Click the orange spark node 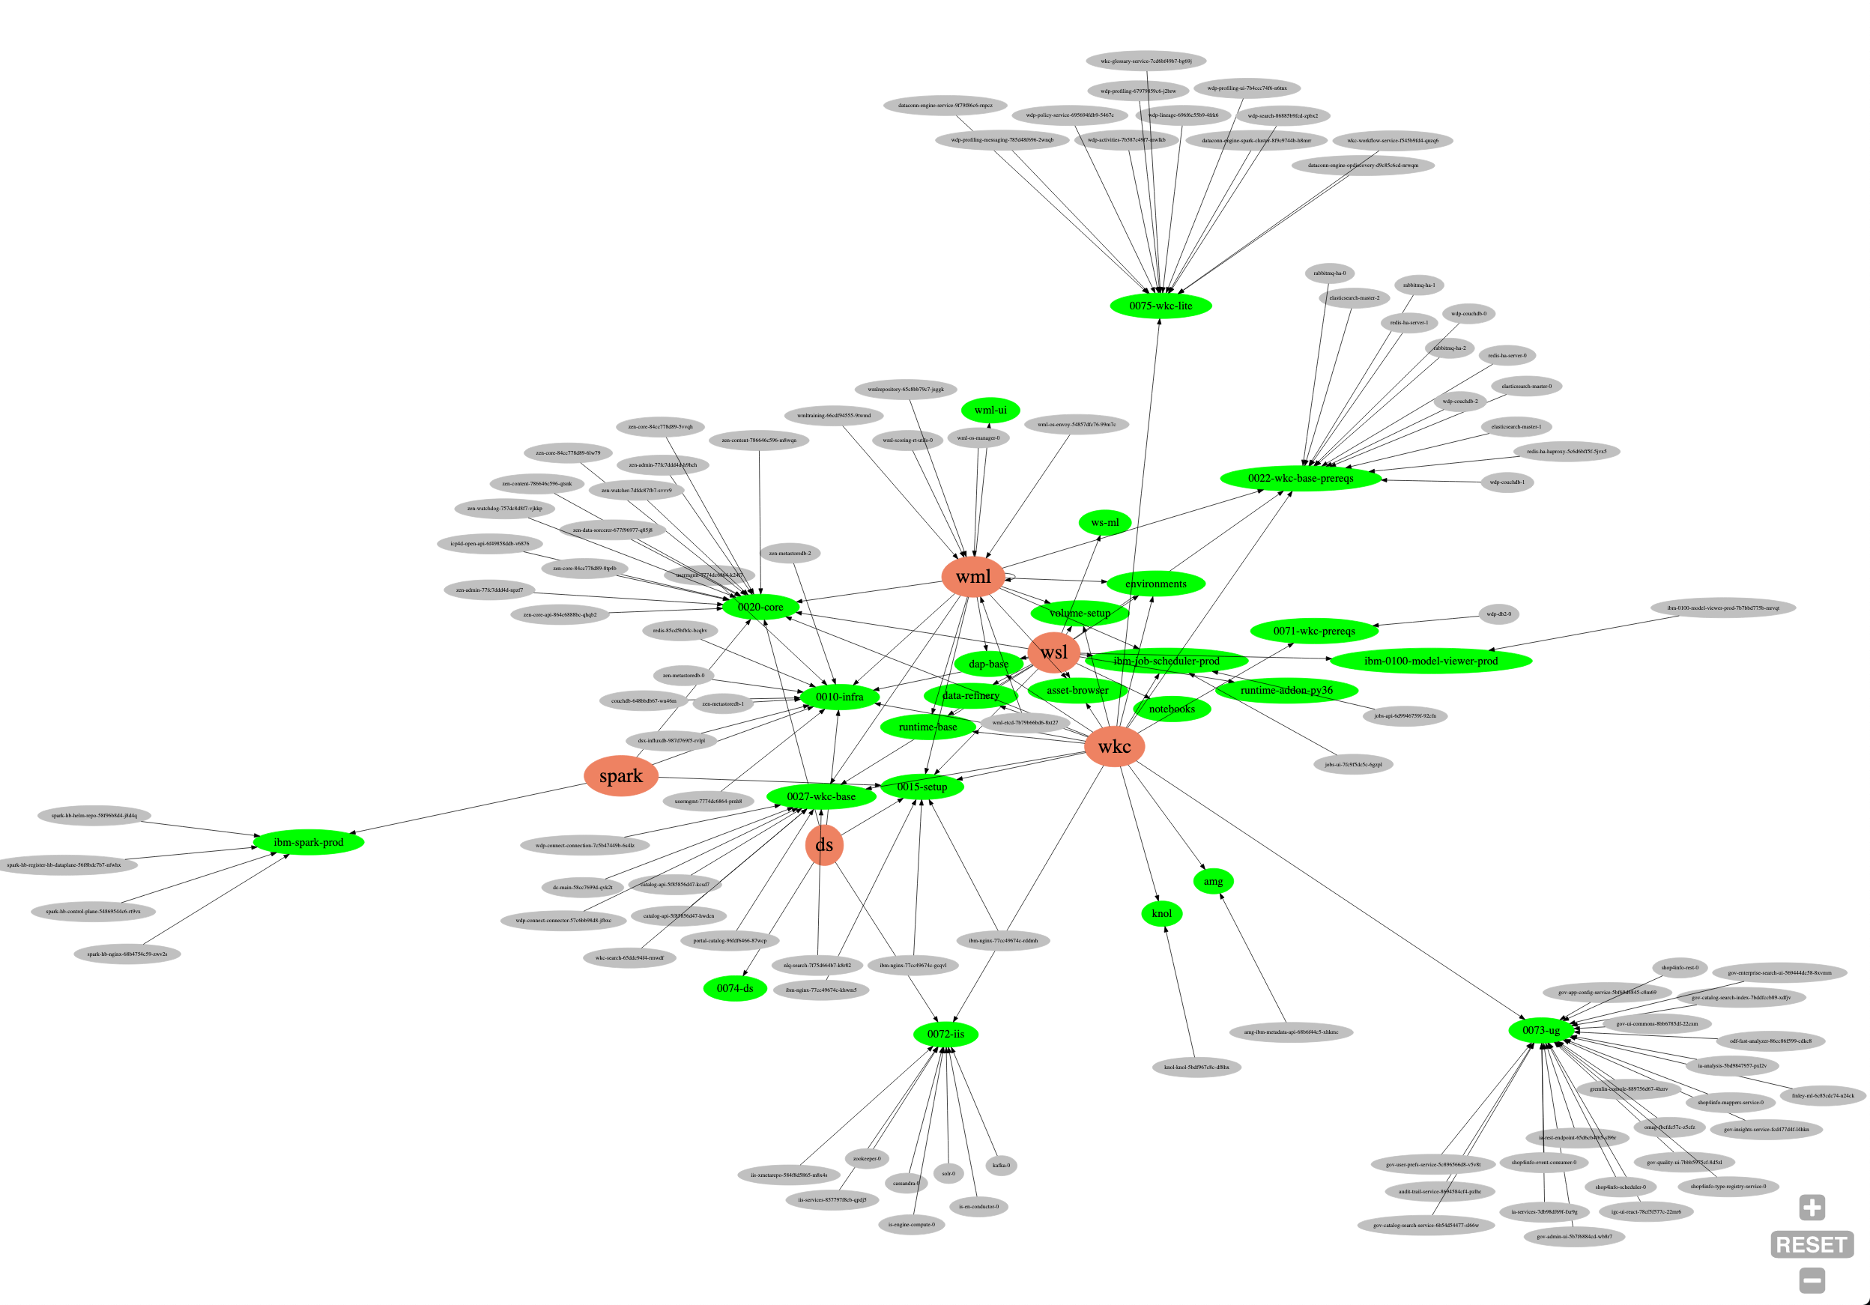pyautogui.click(x=620, y=775)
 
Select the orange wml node pyautogui.click(x=972, y=577)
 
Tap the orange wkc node pyautogui.click(x=1114, y=746)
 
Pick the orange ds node pyautogui.click(x=823, y=845)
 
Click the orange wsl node pyautogui.click(x=1053, y=652)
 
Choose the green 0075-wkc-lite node pyautogui.click(x=1160, y=306)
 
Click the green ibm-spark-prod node pyautogui.click(x=308, y=841)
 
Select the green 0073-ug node pyautogui.click(x=1540, y=1029)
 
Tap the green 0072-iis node pyautogui.click(x=945, y=1034)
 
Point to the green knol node pyautogui.click(x=1161, y=913)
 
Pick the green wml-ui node pyautogui.click(x=990, y=410)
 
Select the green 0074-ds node pyautogui.click(x=735, y=988)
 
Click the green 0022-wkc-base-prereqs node pyautogui.click(x=1300, y=478)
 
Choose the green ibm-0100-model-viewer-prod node pyautogui.click(x=1430, y=661)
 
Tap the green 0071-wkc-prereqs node pyautogui.click(x=1314, y=631)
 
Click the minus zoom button pyautogui.click(x=1812, y=1280)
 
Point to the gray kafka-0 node pyautogui.click(x=1001, y=1165)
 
